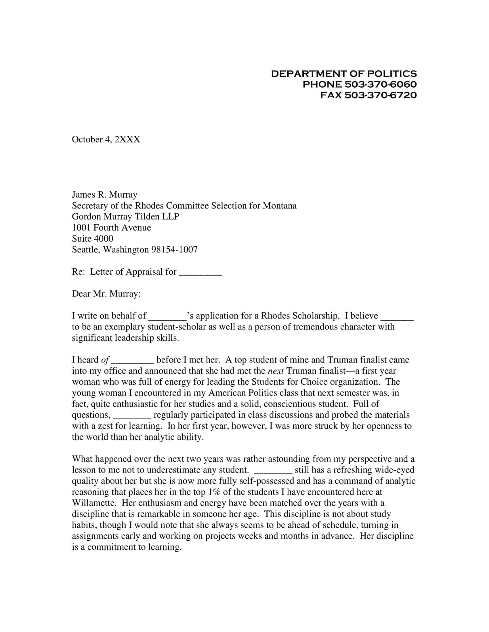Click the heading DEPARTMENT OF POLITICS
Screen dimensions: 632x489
(x=344, y=74)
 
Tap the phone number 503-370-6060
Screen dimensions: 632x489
(x=381, y=84)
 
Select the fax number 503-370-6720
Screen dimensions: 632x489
(x=381, y=95)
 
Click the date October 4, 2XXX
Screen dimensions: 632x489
(x=106, y=140)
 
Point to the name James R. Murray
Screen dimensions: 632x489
(x=105, y=194)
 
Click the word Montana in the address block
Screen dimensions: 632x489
(x=280, y=205)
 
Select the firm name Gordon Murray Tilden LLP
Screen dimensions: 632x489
(x=126, y=216)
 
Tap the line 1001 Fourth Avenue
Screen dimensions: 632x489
(x=112, y=228)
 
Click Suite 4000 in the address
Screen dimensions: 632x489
(x=92, y=238)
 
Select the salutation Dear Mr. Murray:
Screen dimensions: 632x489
(x=106, y=294)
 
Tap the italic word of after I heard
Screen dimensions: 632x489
(x=105, y=360)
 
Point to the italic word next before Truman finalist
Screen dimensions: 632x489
(x=275, y=371)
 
